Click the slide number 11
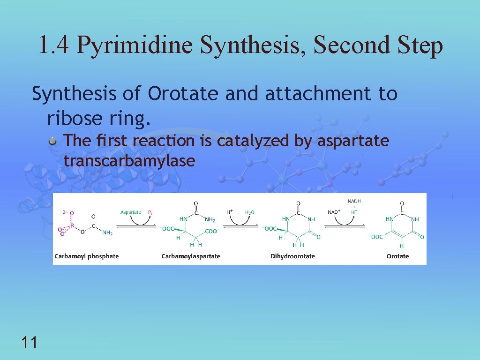pyautogui.click(x=29, y=343)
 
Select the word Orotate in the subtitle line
pyautogui.click(x=183, y=94)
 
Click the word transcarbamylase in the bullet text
pyautogui.click(x=129, y=161)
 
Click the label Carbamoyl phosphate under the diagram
pyautogui.click(x=87, y=256)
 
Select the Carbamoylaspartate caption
pyautogui.click(x=191, y=256)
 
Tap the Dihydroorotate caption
pyautogui.click(x=292, y=256)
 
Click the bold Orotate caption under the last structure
pyautogui.click(x=397, y=256)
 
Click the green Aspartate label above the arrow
pyautogui.click(x=130, y=212)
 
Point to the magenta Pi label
pyautogui.click(x=150, y=212)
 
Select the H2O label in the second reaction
pyautogui.click(x=250, y=212)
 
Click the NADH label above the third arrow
pyautogui.click(x=354, y=201)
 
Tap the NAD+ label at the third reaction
pyautogui.click(x=334, y=212)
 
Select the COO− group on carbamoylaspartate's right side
pyautogui.click(x=212, y=231)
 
